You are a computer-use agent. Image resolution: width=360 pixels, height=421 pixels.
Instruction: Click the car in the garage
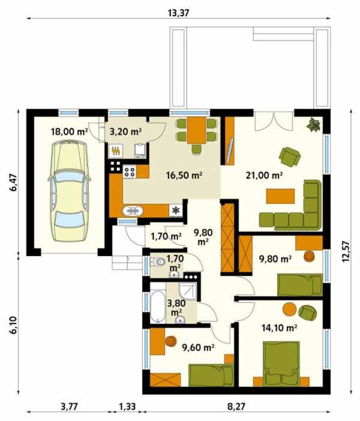(x=69, y=191)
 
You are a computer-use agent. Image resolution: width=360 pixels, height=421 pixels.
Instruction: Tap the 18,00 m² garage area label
(x=70, y=132)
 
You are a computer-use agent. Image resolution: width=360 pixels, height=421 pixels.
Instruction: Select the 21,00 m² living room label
(x=264, y=175)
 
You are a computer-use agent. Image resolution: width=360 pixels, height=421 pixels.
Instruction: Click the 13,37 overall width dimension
(x=179, y=13)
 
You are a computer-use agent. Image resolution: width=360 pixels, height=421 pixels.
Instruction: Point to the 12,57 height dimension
(x=346, y=251)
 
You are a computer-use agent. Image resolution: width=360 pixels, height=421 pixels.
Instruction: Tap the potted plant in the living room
(x=314, y=125)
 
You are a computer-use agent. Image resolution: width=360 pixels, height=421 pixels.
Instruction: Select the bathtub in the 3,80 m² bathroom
(x=158, y=306)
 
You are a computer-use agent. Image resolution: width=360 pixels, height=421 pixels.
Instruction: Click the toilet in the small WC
(x=158, y=262)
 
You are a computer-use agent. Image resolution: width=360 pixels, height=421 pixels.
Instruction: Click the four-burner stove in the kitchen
(x=130, y=172)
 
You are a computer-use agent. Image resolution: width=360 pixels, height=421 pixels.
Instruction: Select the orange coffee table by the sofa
(x=280, y=196)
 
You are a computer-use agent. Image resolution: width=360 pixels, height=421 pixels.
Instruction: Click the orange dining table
(x=197, y=130)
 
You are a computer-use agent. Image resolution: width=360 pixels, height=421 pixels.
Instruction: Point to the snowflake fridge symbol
(x=176, y=210)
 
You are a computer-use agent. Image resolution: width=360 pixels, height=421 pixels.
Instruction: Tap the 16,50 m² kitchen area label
(x=184, y=175)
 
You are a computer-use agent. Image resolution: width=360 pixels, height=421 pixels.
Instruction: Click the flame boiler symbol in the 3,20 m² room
(x=116, y=151)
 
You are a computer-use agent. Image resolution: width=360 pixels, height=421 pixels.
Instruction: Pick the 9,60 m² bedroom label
(x=198, y=347)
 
